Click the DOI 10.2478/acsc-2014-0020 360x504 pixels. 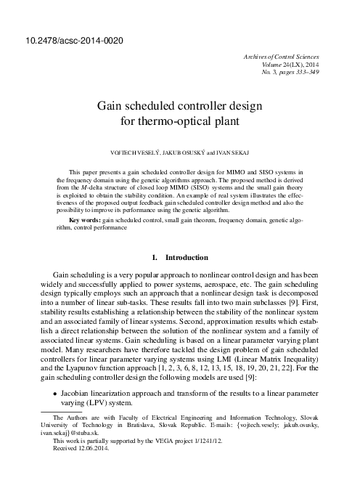(63, 38)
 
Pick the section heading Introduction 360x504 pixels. (188, 258)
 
